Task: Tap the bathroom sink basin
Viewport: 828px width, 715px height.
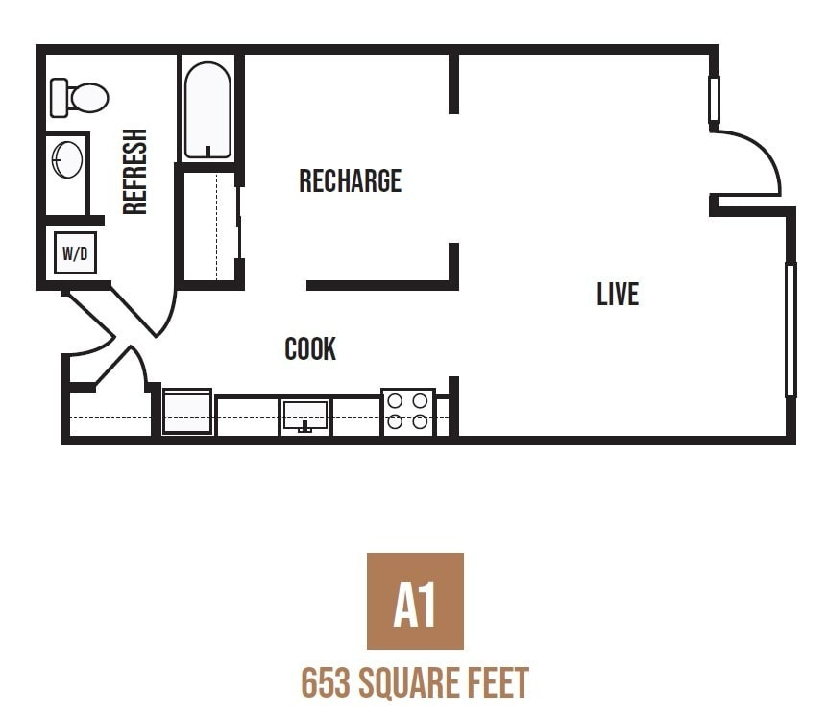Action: click(67, 159)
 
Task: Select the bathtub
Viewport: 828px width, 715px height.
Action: click(207, 109)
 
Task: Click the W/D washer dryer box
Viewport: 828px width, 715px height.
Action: click(75, 253)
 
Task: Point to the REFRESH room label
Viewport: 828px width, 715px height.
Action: click(135, 172)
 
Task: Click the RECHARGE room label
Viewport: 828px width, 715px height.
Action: click(350, 180)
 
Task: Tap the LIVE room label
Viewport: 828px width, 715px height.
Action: click(617, 294)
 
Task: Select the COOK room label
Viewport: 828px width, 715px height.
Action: click(310, 348)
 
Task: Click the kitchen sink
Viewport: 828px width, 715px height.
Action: click(304, 416)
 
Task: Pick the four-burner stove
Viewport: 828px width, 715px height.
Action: click(408, 411)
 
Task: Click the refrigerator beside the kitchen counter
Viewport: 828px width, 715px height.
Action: click(187, 412)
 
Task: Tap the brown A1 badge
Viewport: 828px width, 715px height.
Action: click(415, 601)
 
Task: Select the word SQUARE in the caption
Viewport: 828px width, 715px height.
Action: click(409, 683)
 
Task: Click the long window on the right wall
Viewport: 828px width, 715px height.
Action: click(791, 329)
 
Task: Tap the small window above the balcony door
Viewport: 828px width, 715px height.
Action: click(714, 100)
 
